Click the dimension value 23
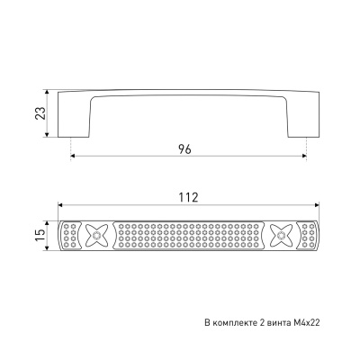(x=40, y=113)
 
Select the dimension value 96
(x=184, y=149)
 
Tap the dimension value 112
(x=188, y=197)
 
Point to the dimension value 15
(x=40, y=236)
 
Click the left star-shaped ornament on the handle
(x=96, y=236)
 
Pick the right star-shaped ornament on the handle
(x=281, y=236)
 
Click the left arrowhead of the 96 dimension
(x=73, y=156)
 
